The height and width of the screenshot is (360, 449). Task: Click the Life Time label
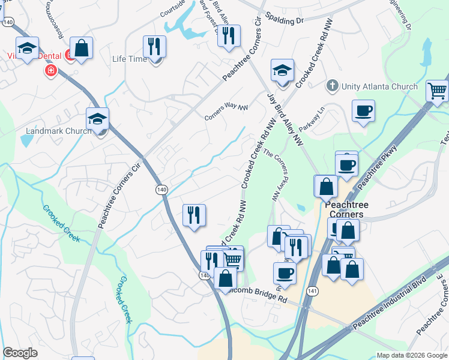(x=129, y=59)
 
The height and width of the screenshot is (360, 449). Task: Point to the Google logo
(x=20, y=353)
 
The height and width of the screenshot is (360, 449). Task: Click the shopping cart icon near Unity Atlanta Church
(x=438, y=92)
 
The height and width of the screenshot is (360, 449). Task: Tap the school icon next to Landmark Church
(x=97, y=119)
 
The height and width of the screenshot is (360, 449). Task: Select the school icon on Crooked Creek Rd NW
(x=282, y=71)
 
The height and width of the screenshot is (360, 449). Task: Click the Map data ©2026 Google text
(x=411, y=355)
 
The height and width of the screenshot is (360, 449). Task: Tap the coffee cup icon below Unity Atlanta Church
(x=363, y=110)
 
